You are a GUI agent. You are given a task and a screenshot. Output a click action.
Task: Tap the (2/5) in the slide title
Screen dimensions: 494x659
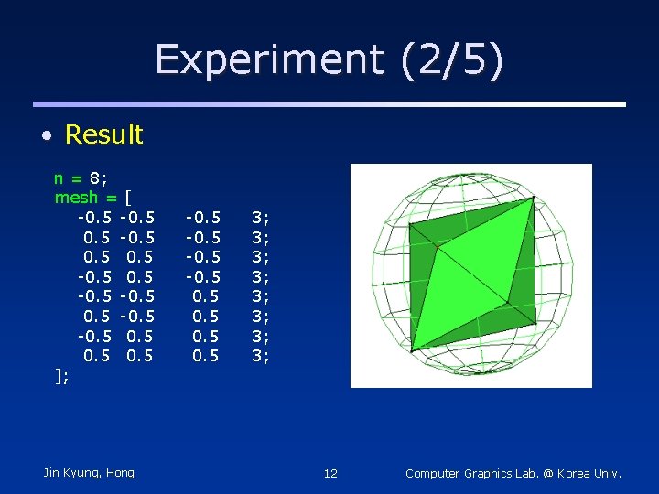[451, 60]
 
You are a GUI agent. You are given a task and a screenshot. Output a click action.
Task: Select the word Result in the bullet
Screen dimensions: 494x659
[103, 134]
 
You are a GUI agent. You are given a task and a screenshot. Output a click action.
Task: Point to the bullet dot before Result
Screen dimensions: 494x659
[45, 136]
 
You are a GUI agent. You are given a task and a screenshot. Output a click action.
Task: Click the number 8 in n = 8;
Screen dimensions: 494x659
[94, 177]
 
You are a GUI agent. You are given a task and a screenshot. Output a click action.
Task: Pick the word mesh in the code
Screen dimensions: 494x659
[76, 198]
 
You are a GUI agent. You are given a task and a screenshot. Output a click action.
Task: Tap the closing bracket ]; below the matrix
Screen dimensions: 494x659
[61, 376]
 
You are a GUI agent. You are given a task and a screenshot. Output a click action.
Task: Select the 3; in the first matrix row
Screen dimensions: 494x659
[260, 218]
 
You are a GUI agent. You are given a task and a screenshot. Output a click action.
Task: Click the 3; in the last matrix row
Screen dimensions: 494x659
[260, 356]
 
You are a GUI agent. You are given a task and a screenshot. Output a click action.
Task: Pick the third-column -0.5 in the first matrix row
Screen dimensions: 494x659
[202, 218]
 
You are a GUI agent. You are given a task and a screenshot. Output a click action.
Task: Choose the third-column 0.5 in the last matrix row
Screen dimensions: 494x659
[205, 356]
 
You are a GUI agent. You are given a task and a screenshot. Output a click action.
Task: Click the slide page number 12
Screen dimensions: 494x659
[330, 473]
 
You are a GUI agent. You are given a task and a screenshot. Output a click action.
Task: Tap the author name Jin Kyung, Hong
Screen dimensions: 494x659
[89, 473]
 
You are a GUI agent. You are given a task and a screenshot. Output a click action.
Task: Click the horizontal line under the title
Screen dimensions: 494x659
[329, 104]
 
